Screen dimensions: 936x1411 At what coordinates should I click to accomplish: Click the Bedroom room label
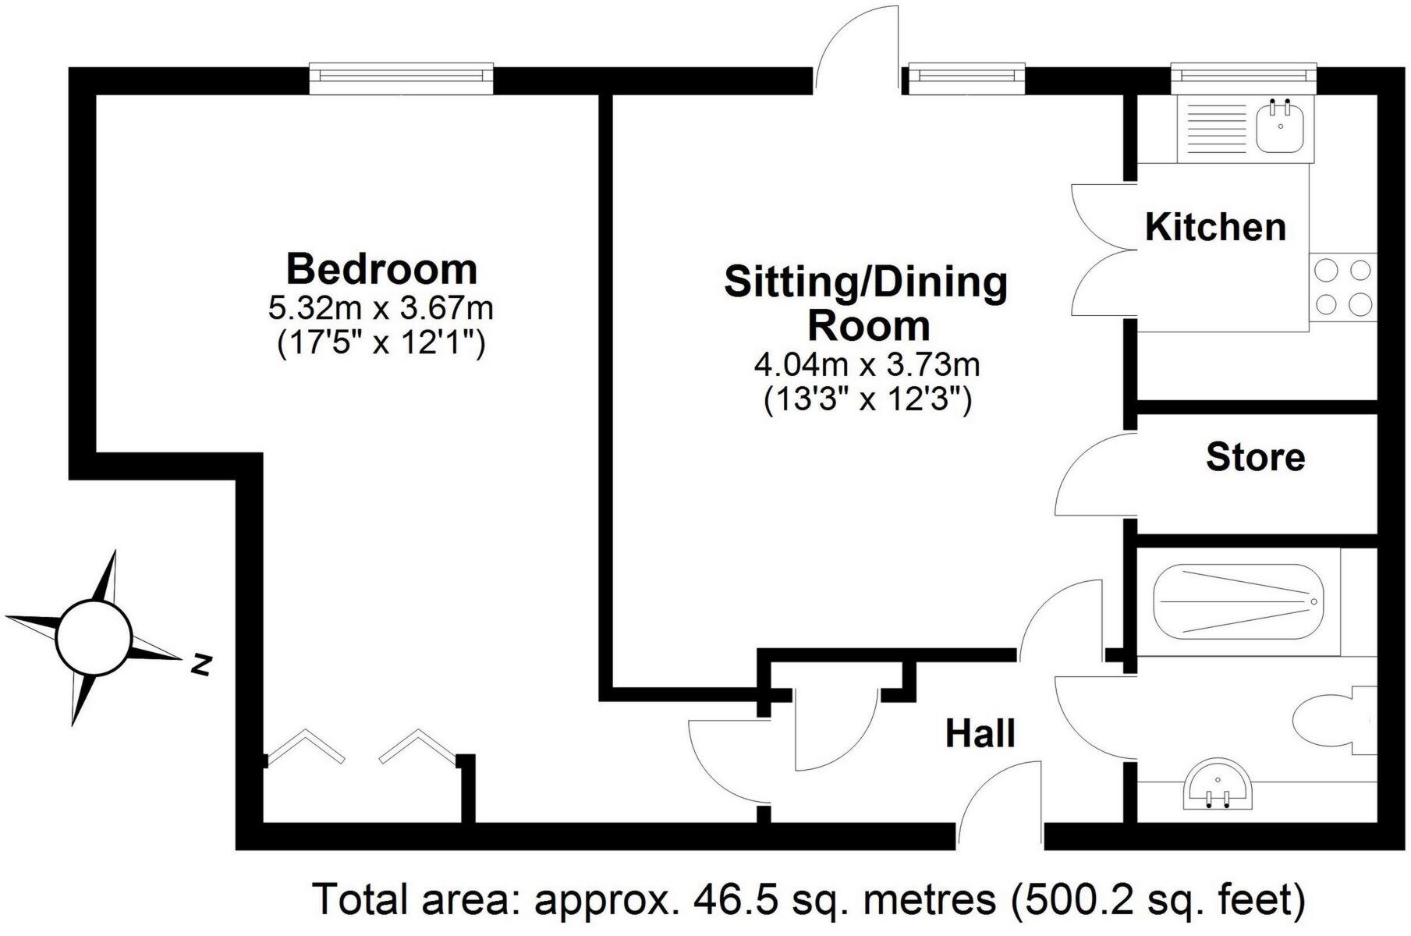point(381,269)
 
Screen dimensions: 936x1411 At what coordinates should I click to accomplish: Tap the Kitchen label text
point(1214,227)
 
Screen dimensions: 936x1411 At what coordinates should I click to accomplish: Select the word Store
point(1254,457)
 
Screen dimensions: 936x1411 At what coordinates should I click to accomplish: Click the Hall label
point(980,734)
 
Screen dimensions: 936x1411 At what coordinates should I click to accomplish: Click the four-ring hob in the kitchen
point(1342,287)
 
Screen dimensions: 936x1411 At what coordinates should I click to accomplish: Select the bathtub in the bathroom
point(1236,601)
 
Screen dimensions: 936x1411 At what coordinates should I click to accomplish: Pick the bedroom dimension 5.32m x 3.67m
point(381,309)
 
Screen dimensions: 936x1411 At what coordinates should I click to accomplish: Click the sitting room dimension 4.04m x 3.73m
point(867,364)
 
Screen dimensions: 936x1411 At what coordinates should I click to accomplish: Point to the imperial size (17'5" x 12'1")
point(381,343)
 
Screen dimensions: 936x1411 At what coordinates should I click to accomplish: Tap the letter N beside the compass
point(202,665)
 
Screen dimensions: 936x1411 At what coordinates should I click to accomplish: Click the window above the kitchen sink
point(1243,76)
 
